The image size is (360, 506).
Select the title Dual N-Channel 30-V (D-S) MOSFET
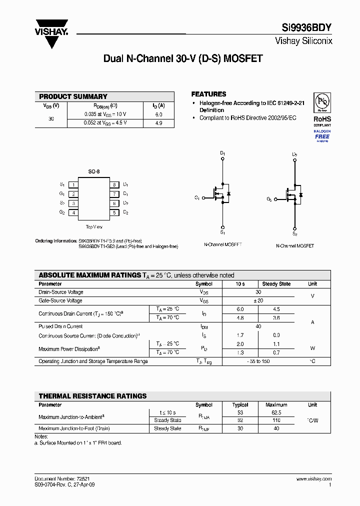coord(182,58)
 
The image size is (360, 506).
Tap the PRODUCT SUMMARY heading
coord(73,96)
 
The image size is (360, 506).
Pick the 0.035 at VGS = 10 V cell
coord(105,114)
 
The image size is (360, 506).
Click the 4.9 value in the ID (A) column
coord(158,123)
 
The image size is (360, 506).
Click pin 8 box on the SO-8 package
coord(114,184)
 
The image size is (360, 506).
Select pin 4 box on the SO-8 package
coord(73,212)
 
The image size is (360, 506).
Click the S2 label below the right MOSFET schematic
coord(294,234)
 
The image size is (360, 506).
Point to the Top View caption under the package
coord(93,227)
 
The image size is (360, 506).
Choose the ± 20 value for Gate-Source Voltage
coord(258,300)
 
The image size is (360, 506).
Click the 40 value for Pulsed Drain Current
coord(258,326)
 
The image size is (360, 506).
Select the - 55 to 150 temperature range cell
coord(258,361)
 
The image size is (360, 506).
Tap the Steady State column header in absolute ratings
coord(276,284)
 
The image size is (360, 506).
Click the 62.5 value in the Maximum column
coord(276,412)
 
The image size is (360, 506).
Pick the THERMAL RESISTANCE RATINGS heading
coord(92,396)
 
